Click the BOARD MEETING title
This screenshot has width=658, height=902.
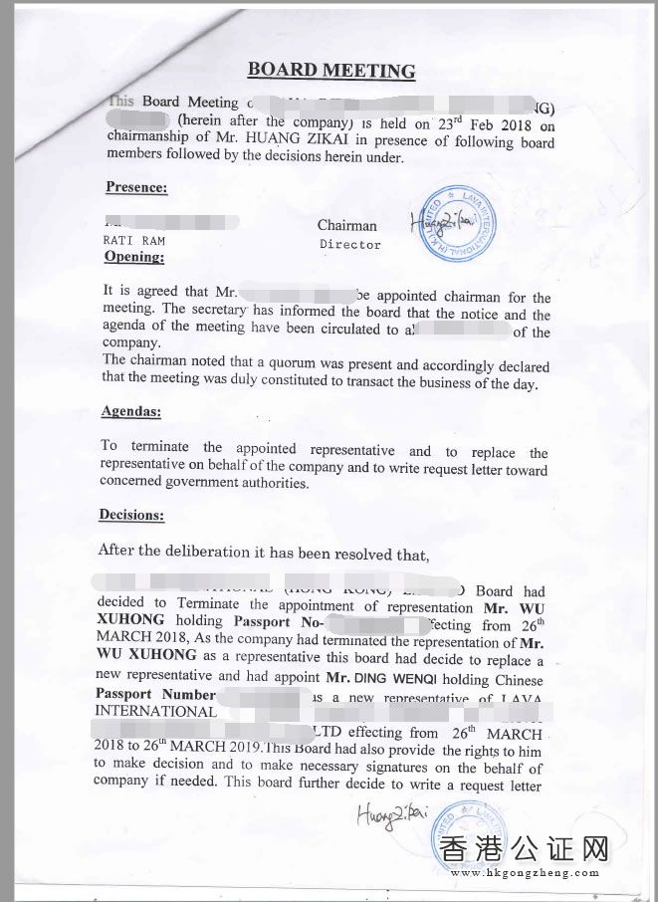(330, 71)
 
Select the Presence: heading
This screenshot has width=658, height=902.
(136, 187)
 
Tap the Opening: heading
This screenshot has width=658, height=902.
(134, 257)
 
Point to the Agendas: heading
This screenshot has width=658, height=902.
(130, 411)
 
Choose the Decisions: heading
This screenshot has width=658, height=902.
(131, 515)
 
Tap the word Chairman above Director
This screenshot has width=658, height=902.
(347, 226)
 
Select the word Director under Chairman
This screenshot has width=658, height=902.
(350, 244)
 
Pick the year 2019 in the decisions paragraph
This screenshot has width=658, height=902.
(178, 750)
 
